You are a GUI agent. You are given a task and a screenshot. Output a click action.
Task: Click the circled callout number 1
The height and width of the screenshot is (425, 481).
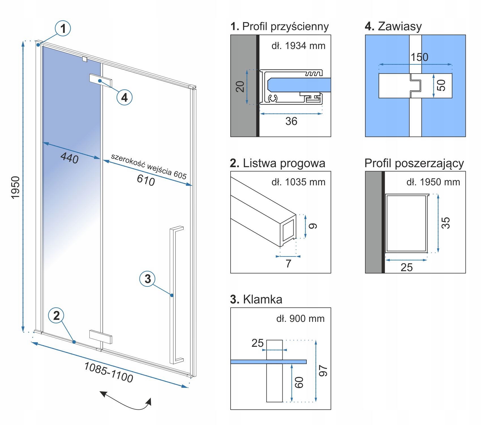coord(63,28)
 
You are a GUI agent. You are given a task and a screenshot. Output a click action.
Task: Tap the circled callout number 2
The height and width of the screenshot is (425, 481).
coord(56,316)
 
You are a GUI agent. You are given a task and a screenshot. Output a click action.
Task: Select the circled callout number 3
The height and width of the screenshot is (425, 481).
coord(147,279)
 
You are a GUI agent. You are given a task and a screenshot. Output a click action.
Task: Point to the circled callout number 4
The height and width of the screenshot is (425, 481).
coord(124,97)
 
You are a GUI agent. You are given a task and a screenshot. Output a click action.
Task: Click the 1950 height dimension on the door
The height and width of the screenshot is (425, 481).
coord(16,187)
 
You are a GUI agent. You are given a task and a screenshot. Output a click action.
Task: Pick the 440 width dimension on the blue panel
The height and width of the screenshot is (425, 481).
coord(69,158)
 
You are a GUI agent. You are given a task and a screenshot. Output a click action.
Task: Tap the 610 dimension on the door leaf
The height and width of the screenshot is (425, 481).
coord(146,180)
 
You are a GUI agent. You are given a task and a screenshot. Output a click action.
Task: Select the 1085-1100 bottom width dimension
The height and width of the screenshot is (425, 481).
coord(109,372)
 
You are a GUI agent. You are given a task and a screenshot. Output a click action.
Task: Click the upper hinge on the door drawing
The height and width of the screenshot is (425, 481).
coord(100,80)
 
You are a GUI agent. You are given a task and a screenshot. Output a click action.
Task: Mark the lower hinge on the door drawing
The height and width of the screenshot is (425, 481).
coord(100,337)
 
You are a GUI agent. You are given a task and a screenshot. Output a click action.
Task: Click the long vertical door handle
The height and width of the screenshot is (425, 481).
coord(173,295)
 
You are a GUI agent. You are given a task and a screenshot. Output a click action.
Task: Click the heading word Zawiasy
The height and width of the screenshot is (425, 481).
coord(400,26)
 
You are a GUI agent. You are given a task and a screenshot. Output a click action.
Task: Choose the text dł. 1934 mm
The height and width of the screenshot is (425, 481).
coord(298,46)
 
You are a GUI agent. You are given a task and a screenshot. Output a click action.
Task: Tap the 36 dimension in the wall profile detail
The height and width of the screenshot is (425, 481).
coord(291,121)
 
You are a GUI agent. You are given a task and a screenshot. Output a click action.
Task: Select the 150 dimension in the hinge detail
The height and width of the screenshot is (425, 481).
coord(419,57)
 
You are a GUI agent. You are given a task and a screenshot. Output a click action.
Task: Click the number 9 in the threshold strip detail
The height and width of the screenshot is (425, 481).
coord(313,226)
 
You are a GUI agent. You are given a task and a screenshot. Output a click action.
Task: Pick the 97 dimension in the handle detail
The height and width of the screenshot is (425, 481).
coord(323,371)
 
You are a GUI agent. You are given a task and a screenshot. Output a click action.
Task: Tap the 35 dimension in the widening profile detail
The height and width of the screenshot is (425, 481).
coord(445,223)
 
